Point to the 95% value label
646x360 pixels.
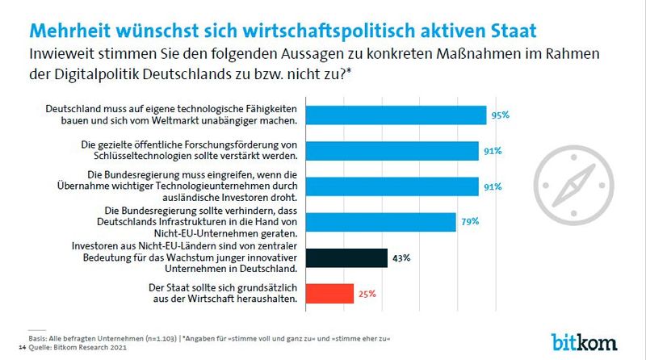501,115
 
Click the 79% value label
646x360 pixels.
471,221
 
